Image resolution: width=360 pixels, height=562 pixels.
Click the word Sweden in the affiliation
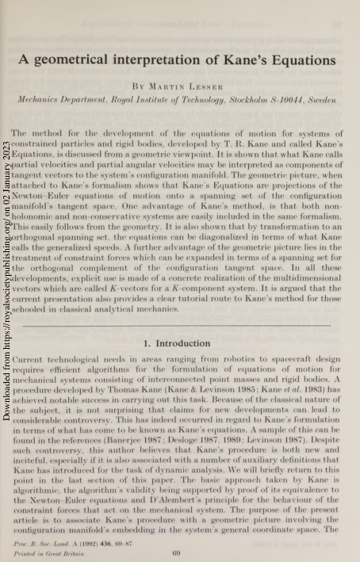click(x=325, y=101)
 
